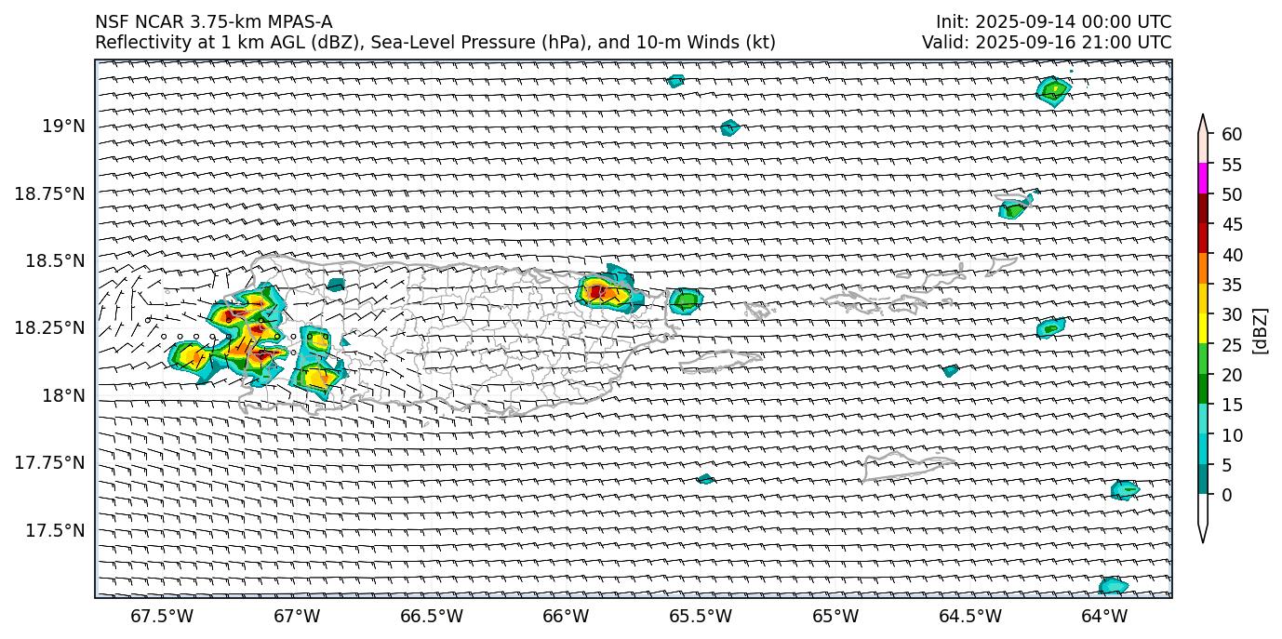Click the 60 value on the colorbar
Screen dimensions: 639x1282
[1232, 135]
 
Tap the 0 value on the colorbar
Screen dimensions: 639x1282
[1227, 495]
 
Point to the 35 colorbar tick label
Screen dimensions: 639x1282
[1232, 285]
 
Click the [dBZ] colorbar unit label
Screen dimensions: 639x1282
[1262, 329]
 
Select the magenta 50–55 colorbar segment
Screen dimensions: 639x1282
[1203, 179]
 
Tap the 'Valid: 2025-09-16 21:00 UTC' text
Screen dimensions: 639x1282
[1047, 42]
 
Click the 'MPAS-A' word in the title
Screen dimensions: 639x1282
[300, 22]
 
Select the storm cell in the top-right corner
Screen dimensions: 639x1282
[1053, 91]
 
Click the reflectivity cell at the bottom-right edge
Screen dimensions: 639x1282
[1113, 586]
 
